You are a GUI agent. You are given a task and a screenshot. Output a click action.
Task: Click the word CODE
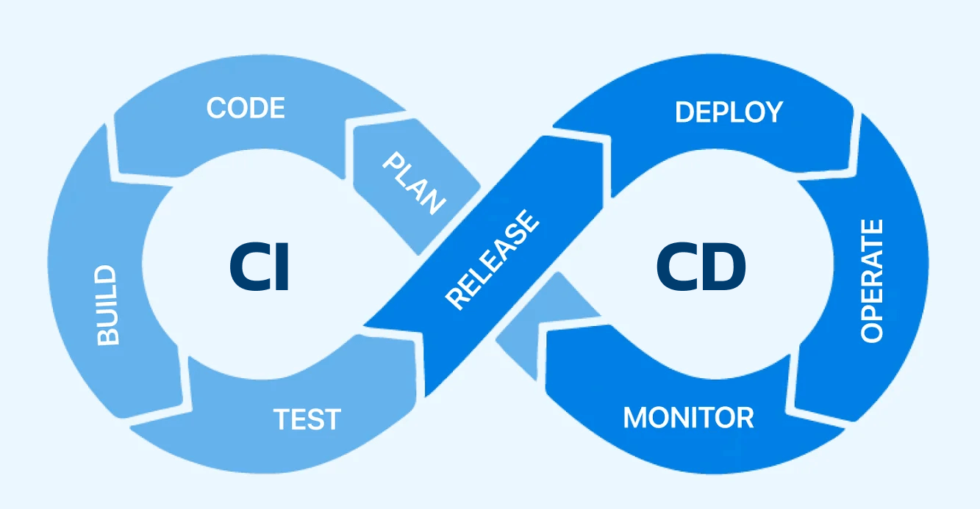(246, 108)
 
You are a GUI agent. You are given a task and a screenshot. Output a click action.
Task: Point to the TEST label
(307, 419)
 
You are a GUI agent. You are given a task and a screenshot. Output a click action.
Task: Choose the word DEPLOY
(729, 112)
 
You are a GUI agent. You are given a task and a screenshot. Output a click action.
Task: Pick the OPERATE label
(871, 281)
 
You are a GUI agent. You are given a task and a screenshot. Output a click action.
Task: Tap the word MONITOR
(689, 418)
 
